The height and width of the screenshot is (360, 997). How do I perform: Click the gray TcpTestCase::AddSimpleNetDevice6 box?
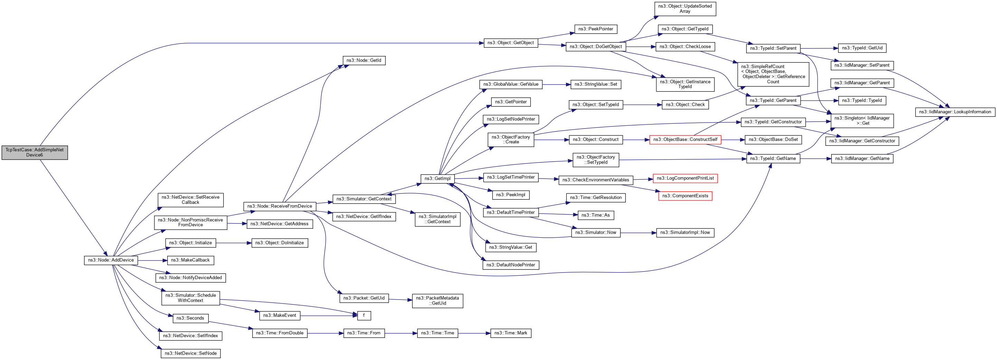[x=35, y=152]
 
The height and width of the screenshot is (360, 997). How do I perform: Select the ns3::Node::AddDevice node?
[x=111, y=260]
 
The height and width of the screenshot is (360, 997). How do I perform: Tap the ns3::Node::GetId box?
[x=364, y=60]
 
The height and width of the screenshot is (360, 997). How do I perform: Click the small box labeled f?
[x=364, y=315]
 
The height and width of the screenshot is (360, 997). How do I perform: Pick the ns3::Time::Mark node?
[x=510, y=333]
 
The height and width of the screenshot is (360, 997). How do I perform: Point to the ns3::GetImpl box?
[x=438, y=179]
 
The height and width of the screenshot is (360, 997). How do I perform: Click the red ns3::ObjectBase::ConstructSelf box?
[x=685, y=139]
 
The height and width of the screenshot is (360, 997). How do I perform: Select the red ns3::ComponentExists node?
[x=685, y=196]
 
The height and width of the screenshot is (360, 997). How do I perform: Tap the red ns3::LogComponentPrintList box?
[x=685, y=178]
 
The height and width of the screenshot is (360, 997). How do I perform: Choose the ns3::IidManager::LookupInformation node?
[x=955, y=112]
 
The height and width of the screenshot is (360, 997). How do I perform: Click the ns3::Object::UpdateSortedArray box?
[x=685, y=9]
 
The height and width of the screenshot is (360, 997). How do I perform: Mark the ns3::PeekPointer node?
[x=596, y=29]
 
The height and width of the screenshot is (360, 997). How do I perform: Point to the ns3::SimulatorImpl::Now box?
[x=685, y=233]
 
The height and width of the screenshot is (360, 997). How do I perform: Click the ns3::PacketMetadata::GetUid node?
[x=438, y=301]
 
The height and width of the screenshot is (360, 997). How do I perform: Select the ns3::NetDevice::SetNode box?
[x=190, y=353]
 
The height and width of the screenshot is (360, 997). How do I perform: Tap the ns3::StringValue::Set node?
[x=596, y=84]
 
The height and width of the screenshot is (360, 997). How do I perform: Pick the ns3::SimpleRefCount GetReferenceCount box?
[x=773, y=74]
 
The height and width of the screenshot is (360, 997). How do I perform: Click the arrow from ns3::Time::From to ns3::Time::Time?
[x=401, y=333]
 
